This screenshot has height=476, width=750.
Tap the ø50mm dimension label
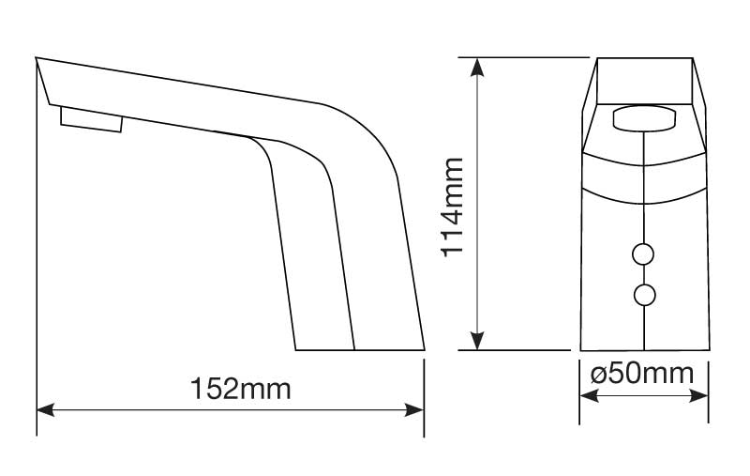click(x=643, y=374)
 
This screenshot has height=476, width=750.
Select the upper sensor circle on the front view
click(x=644, y=254)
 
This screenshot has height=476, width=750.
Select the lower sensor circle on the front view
click(x=644, y=296)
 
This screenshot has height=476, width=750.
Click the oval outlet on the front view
click(x=644, y=119)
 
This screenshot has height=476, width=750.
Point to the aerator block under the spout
click(x=91, y=118)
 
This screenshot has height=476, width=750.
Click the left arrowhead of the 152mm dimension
click(x=43, y=409)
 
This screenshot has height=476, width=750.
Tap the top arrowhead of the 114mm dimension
click(x=478, y=65)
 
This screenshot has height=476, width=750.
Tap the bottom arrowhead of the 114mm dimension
click(x=478, y=343)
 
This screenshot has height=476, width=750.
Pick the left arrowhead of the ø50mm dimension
click(x=586, y=394)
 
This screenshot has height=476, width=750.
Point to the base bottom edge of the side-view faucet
click(x=360, y=349)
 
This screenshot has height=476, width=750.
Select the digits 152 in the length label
click(x=212, y=387)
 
